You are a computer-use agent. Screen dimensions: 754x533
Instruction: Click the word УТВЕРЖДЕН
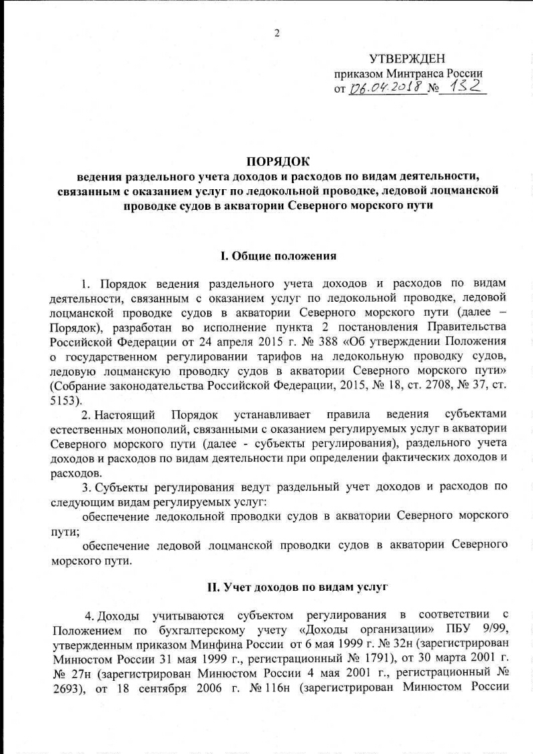point(407,59)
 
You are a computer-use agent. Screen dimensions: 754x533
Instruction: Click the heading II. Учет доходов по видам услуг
point(296,587)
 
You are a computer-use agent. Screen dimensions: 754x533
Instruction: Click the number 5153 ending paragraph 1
point(64,400)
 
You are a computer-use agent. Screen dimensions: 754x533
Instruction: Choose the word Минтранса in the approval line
point(412,73)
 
